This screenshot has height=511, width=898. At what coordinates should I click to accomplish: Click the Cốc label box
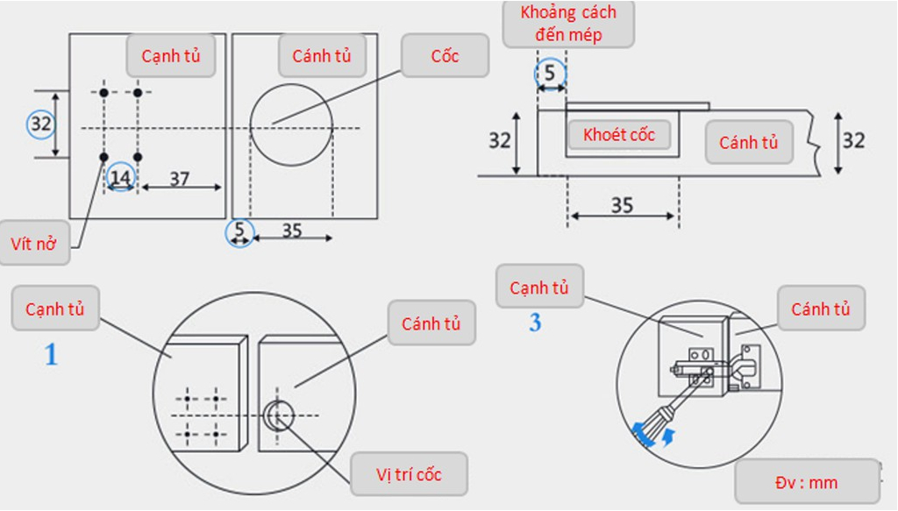point(445,55)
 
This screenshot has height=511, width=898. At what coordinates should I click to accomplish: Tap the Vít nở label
point(34,243)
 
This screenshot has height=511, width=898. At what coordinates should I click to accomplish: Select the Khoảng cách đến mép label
point(568,23)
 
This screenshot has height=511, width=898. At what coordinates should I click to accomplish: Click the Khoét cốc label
point(619,135)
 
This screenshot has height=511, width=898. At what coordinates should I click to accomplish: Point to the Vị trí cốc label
point(409,474)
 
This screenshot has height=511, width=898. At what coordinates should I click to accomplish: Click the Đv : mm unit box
point(807,482)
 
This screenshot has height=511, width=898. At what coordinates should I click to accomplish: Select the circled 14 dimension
point(121,177)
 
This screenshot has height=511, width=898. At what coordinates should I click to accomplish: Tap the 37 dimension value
point(179,179)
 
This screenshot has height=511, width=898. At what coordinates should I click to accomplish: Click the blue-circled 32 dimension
point(41,124)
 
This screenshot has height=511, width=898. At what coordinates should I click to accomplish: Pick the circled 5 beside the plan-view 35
point(239,231)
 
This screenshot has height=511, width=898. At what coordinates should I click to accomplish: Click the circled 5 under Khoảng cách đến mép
point(550,74)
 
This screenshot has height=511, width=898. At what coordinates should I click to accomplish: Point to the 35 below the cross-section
point(622,205)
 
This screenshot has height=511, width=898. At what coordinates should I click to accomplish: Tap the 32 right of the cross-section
point(853,140)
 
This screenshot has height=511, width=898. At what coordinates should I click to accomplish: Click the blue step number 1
point(51,354)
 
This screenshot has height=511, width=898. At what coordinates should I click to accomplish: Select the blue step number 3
point(535,323)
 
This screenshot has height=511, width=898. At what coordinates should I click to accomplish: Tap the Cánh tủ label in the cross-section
point(749,143)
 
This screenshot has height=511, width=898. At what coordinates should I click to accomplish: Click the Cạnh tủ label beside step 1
point(55,309)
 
